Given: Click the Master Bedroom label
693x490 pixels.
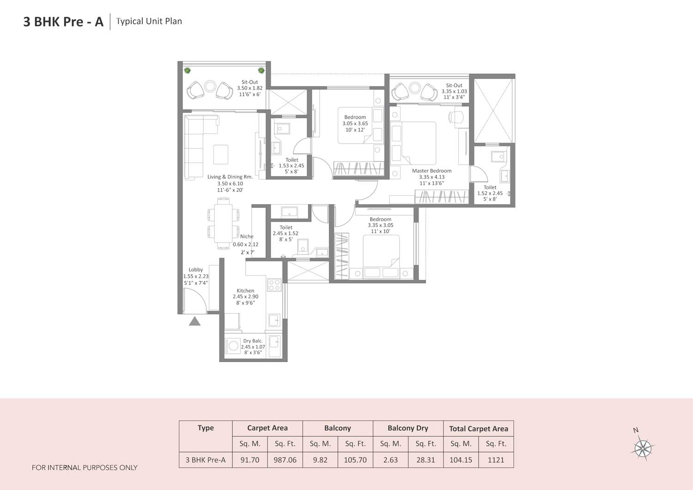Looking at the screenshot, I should [432, 171].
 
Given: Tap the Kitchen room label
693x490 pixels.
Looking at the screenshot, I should [245, 291].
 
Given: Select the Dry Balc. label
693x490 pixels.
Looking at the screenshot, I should [253, 341].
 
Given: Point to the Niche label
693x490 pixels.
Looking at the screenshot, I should [247, 236].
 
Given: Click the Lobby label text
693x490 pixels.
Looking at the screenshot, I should [195, 270].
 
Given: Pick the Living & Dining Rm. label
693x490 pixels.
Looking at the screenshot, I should [230, 177].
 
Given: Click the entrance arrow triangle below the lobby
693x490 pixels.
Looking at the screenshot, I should [195, 321].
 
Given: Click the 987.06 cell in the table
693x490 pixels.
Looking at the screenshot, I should [285, 460].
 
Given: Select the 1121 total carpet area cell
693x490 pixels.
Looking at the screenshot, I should [496, 460].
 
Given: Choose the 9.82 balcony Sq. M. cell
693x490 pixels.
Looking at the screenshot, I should [320, 460].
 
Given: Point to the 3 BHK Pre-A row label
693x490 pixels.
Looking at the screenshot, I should [206, 460].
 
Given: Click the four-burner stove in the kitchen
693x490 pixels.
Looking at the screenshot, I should [274, 285].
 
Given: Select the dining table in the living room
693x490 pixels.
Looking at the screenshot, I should [223, 223].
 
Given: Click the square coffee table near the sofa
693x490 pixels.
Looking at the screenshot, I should [221, 154].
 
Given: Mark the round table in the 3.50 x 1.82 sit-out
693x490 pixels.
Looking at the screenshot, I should [210, 86].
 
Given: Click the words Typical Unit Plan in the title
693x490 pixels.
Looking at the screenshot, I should [149, 21].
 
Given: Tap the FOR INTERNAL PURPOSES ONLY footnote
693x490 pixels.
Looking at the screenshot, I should [85, 468].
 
